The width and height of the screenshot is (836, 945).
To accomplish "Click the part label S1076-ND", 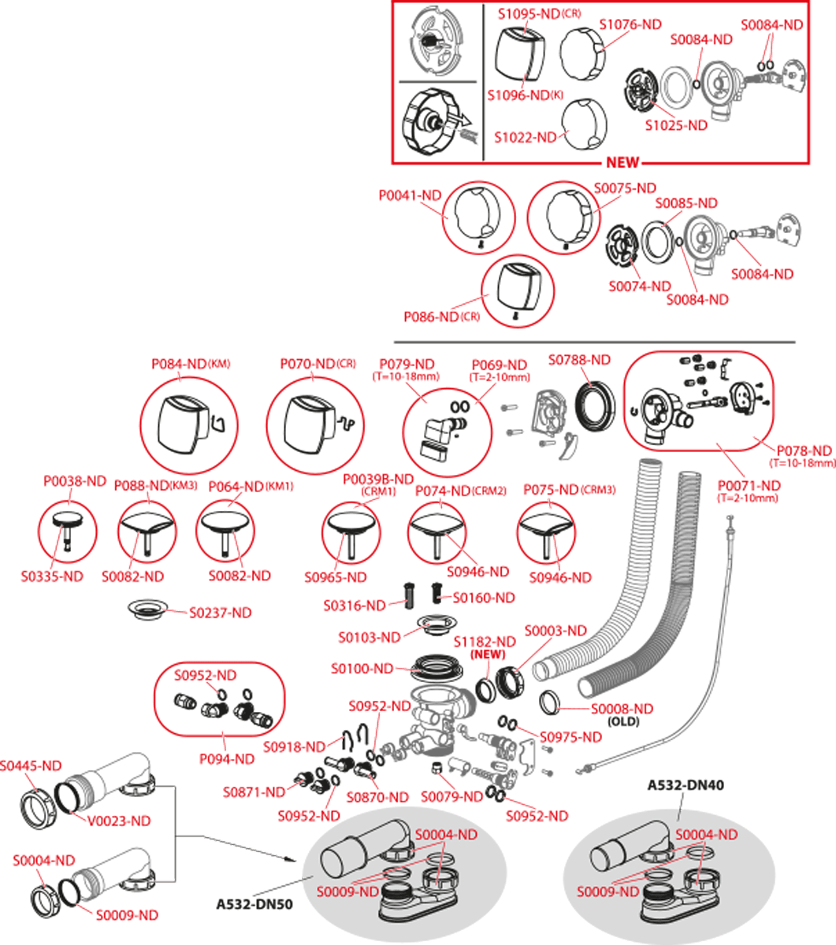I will pyautogui.click(x=630, y=24).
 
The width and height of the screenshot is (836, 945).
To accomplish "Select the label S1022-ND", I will pyautogui.click(x=526, y=137).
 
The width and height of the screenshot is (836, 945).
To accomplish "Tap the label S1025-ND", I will pyautogui.click(x=676, y=124).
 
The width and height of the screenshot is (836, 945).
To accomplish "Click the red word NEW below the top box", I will pyautogui.click(x=622, y=163).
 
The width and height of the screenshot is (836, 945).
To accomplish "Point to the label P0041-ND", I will pyautogui.click(x=410, y=196).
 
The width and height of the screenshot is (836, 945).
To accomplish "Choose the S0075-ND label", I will pyautogui.click(x=625, y=188).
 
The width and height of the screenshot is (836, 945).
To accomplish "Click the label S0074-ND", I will pyautogui.click(x=639, y=286).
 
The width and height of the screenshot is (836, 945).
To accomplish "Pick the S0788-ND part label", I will pyautogui.click(x=579, y=360).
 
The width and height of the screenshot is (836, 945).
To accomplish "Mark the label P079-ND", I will pyautogui.click(x=407, y=365).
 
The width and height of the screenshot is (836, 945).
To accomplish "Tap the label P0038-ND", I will pyautogui.click(x=74, y=480).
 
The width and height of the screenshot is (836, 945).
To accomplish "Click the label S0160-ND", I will pyautogui.click(x=484, y=598).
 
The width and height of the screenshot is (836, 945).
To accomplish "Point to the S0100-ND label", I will pyautogui.click(x=362, y=669).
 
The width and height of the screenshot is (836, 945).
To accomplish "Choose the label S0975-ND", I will pyautogui.click(x=570, y=736).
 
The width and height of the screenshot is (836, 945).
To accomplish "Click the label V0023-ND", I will pyautogui.click(x=119, y=821).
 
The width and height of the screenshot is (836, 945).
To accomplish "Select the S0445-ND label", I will pyautogui.click(x=31, y=765).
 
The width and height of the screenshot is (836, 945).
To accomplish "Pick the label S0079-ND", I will pyautogui.click(x=451, y=797).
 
